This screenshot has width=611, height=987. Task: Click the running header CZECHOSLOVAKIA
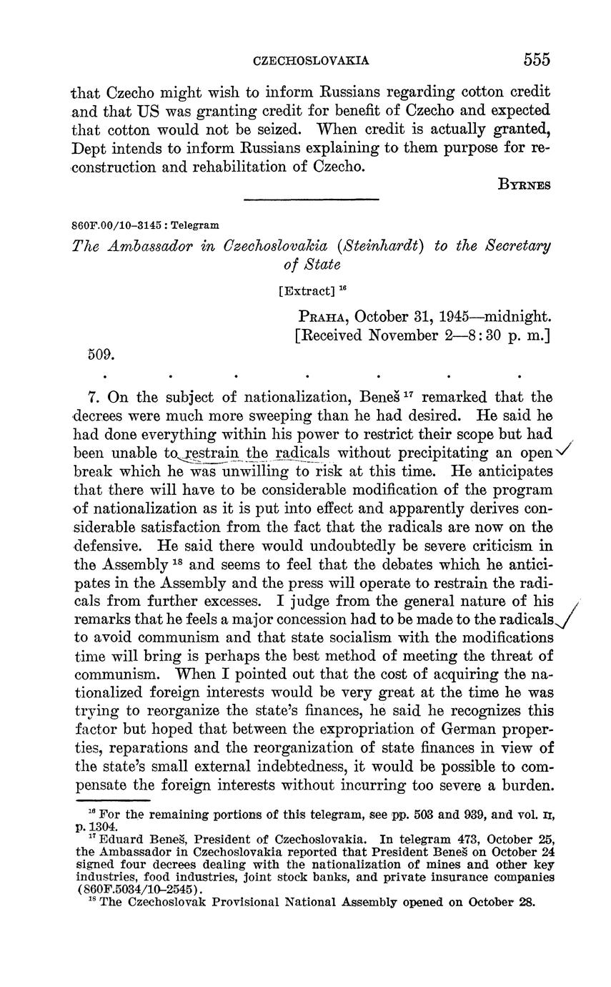(x=312, y=61)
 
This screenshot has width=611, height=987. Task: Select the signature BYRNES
(x=524, y=184)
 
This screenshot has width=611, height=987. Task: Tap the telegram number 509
(x=100, y=353)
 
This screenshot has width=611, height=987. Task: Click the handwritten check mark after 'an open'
(x=566, y=448)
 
